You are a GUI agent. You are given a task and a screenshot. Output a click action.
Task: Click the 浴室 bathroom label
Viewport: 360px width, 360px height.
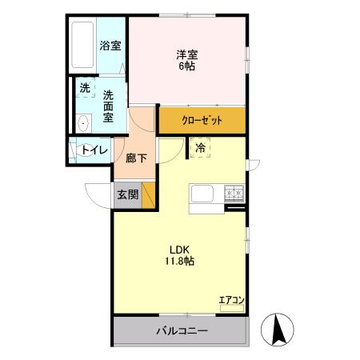pyautogui.click(x=110, y=46)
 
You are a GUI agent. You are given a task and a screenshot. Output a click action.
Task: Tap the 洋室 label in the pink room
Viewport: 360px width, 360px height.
pyautogui.click(x=187, y=54)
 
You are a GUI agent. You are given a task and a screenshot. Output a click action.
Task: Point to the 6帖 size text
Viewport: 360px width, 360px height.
pyautogui.click(x=187, y=66)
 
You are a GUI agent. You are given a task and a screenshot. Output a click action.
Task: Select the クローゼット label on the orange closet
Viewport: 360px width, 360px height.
pyautogui.click(x=201, y=121)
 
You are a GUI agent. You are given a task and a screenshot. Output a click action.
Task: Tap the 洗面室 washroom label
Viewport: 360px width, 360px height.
pyautogui.click(x=110, y=106)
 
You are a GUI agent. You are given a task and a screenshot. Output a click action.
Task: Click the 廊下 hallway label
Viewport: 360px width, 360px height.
pyautogui.click(x=136, y=158)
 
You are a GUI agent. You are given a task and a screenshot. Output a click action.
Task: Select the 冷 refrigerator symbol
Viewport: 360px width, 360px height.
pyautogui.click(x=201, y=147)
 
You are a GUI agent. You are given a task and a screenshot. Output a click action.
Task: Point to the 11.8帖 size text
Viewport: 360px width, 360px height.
pyautogui.click(x=179, y=260)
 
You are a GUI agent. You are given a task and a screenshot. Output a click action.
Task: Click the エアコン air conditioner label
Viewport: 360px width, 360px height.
pyautogui.click(x=231, y=300)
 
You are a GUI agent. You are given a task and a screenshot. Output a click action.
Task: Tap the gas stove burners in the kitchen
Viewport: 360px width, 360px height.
pyautogui.click(x=234, y=191)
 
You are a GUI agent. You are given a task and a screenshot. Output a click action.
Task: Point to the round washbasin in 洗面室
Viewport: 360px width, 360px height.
pyautogui.click(x=83, y=123)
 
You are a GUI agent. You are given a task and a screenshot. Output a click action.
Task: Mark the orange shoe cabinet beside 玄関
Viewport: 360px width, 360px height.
pyautogui.click(x=147, y=195)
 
